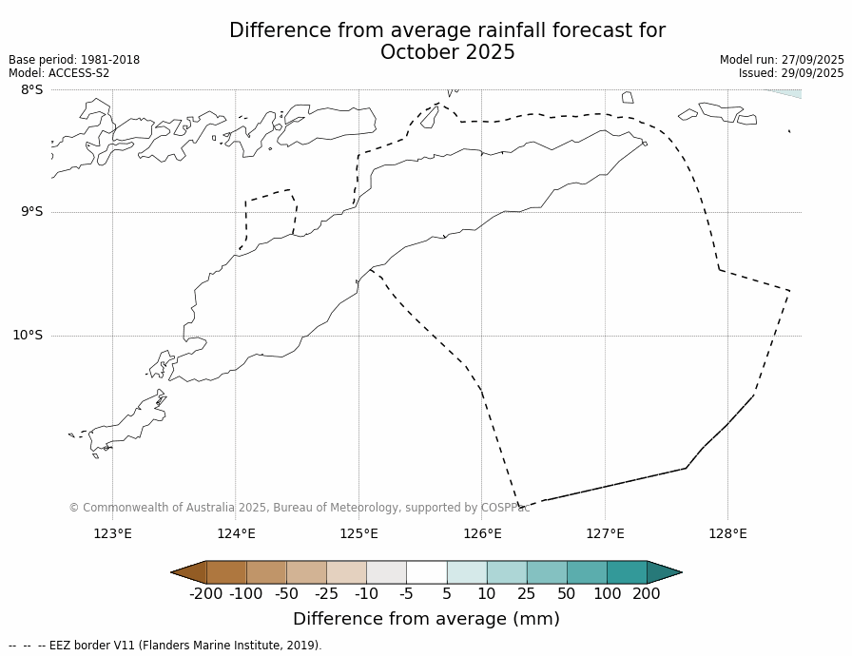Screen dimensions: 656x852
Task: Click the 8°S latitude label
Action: pos(31,89)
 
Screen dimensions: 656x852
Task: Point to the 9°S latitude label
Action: pos(31,212)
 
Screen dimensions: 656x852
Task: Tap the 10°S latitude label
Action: pos(28,335)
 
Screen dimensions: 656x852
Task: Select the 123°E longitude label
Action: pos(112,533)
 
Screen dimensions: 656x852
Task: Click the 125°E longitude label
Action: pos(358,533)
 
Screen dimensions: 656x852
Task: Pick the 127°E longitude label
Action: pos(605,533)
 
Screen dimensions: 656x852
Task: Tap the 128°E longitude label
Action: pos(727,533)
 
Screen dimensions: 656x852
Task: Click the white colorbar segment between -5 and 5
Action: pos(426,572)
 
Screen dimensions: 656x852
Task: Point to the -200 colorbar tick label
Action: pos(205,594)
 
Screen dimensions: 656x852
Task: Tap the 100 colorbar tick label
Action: pos(606,594)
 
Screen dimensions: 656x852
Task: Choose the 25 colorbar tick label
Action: pos(526,594)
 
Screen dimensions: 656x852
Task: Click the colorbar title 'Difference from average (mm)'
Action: pos(426,619)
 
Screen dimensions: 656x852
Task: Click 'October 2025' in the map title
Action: pos(447,53)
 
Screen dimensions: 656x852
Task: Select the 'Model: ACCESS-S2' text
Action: pos(59,73)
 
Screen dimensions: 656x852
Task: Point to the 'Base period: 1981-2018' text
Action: pos(74,60)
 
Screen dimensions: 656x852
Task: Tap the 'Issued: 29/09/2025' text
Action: pos(791,73)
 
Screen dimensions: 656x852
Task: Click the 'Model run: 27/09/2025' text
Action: pos(782,60)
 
